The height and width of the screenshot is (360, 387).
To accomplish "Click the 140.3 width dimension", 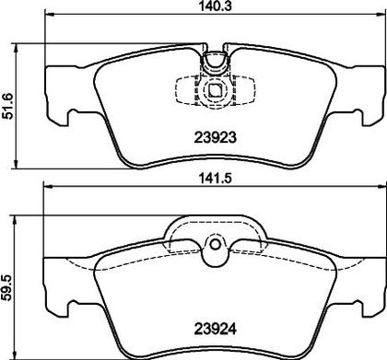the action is pyautogui.click(x=216, y=6).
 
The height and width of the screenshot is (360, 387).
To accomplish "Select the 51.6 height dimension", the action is pyautogui.click(x=8, y=106).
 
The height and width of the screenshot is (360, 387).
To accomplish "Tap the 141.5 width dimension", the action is pyautogui.click(x=216, y=179).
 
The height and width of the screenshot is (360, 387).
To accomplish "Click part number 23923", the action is pyautogui.click(x=216, y=137).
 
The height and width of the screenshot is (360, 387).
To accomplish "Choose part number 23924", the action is pyautogui.click(x=216, y=330).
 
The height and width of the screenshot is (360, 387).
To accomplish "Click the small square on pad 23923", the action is pyautogui.click(x=215, y=89).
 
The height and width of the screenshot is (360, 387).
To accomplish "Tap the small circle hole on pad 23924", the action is pyautogui.click(x=215, y=244).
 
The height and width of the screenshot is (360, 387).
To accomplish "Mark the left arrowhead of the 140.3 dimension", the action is pyautogui.click(x=50, y=14).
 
